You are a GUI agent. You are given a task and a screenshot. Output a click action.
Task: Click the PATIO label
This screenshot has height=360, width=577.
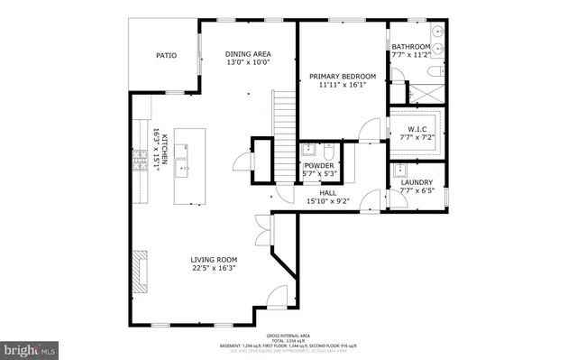165,56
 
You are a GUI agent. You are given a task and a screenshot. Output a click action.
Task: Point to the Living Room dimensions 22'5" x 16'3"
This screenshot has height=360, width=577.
214,268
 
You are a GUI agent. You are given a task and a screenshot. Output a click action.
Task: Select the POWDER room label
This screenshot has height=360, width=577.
319,166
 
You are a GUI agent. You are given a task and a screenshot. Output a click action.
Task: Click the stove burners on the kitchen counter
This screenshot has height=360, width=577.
140,162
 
